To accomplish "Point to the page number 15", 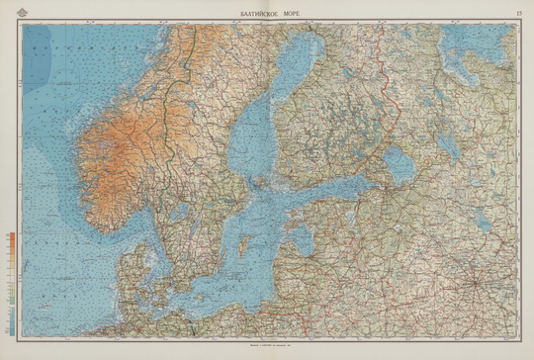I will (519, 11).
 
